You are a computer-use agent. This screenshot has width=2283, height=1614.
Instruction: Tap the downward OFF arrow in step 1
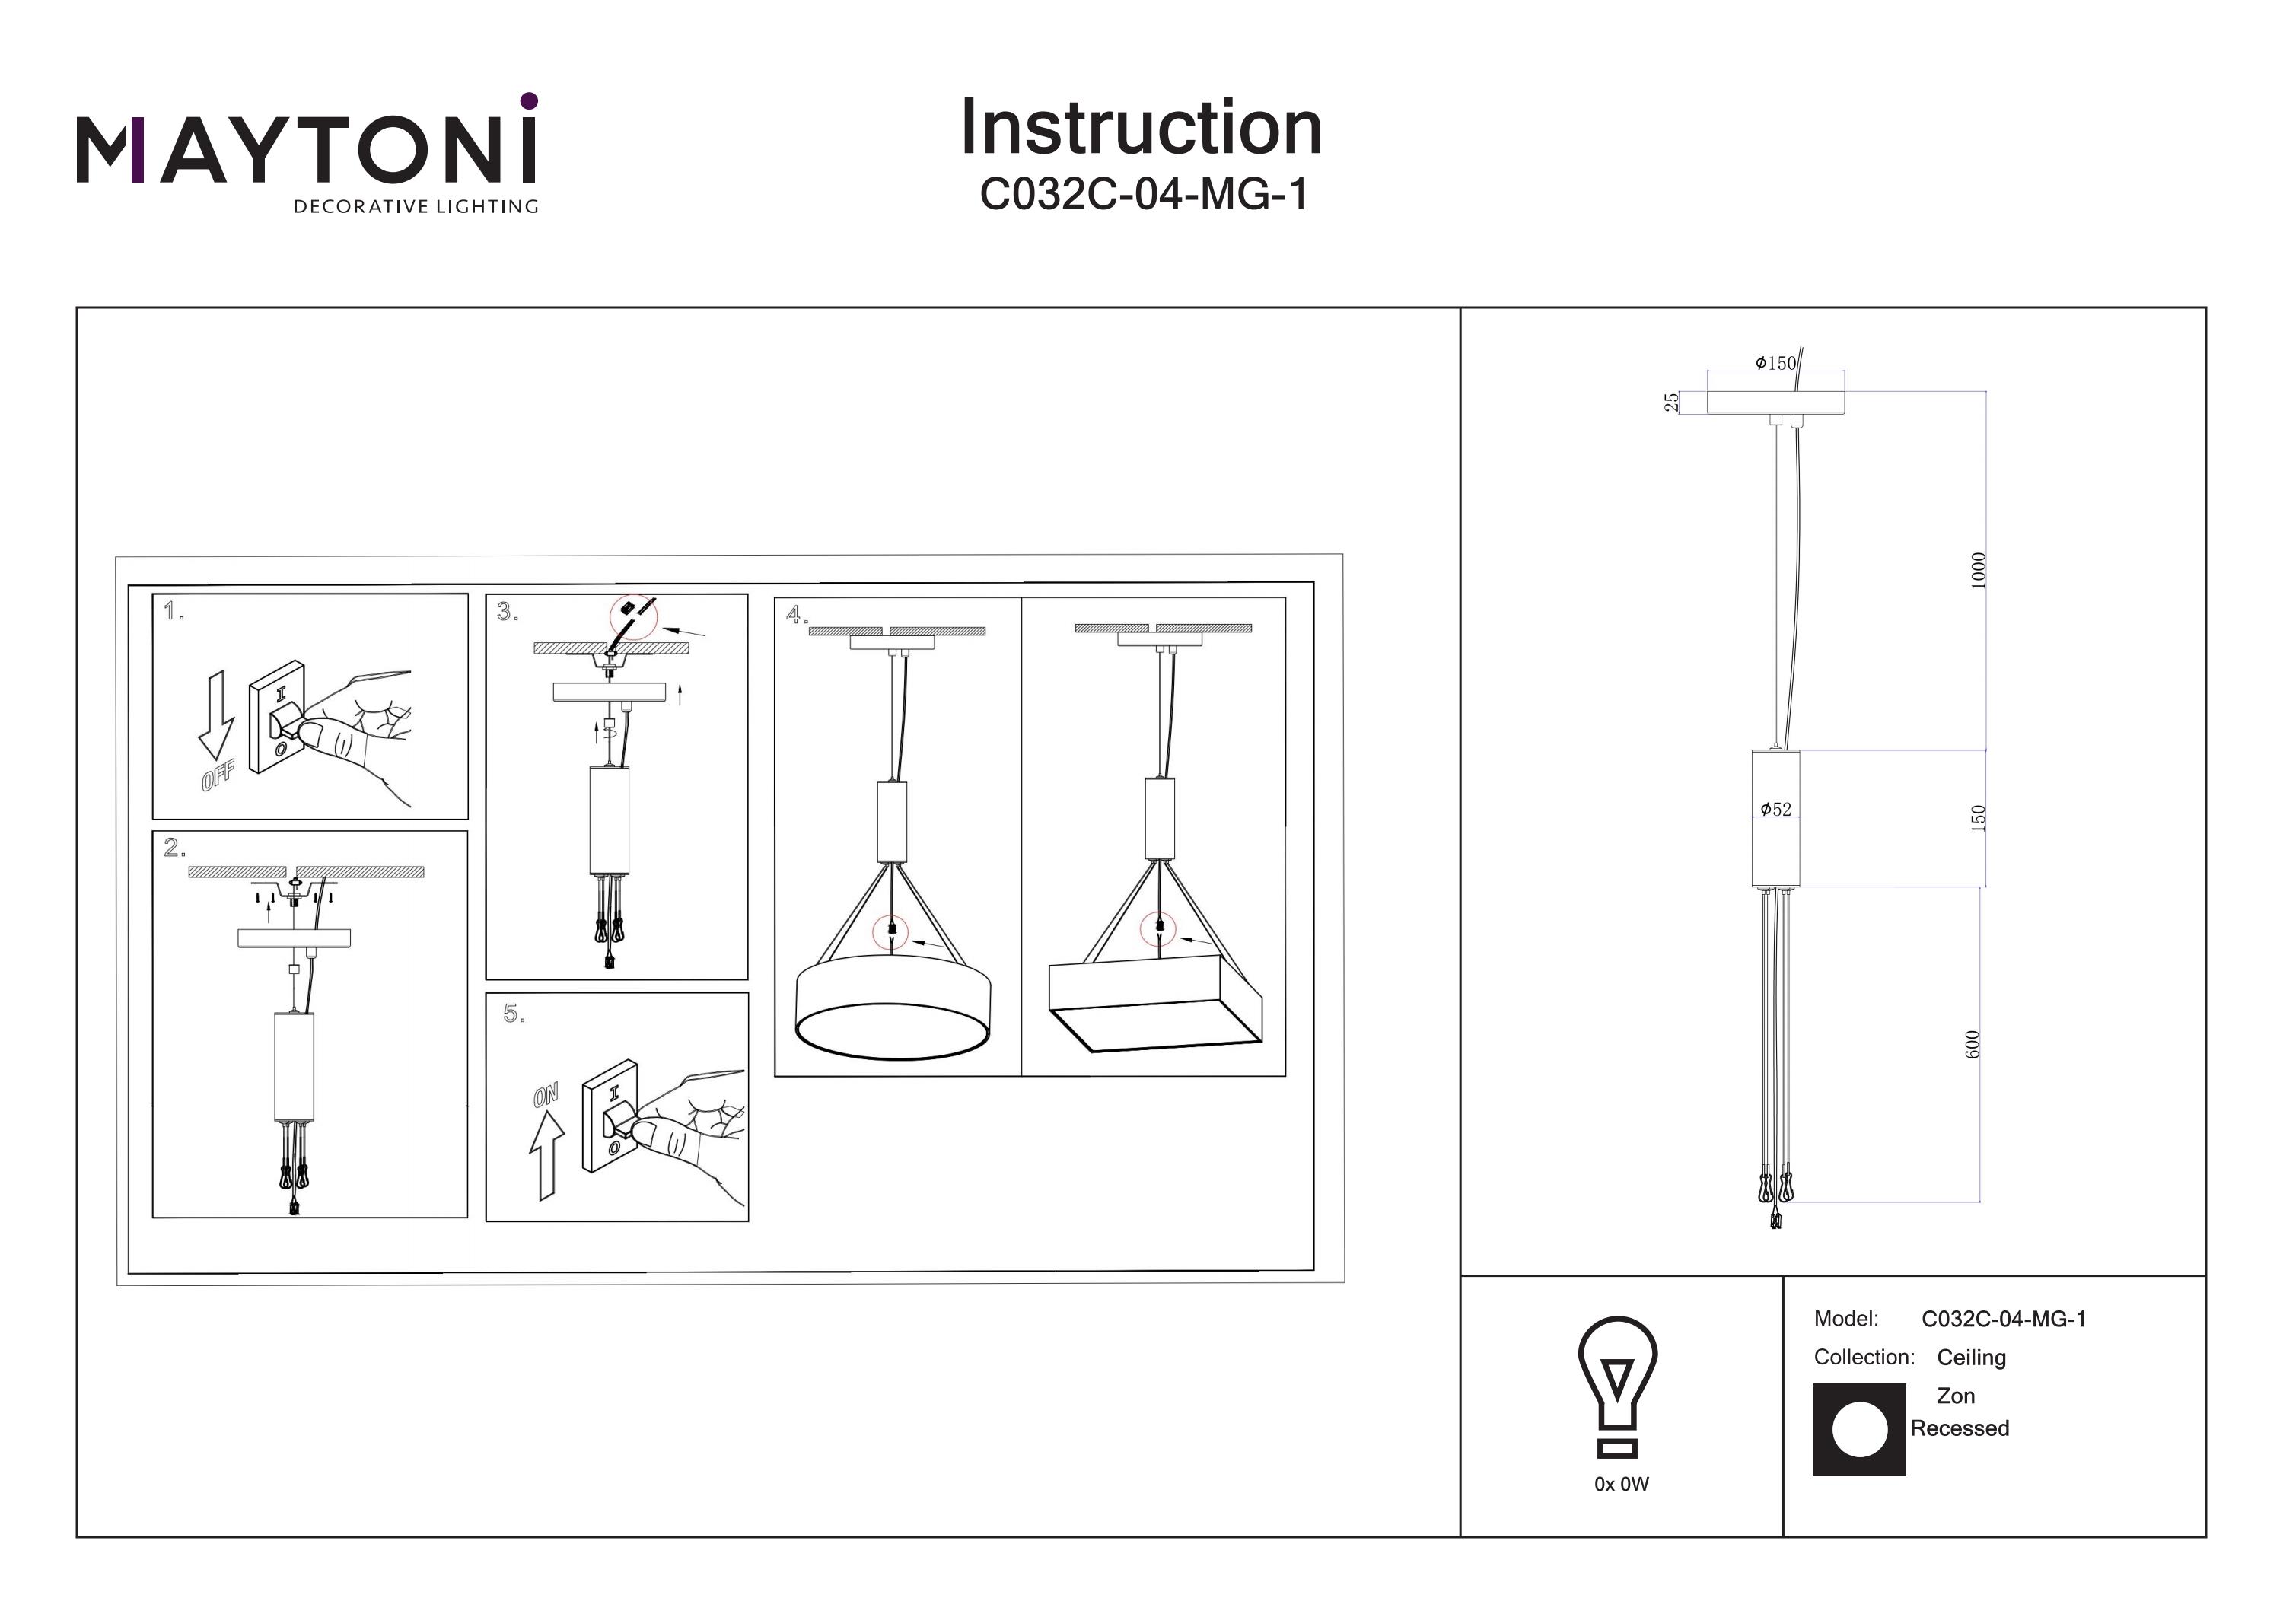216,715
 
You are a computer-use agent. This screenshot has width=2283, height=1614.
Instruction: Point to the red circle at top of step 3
633,616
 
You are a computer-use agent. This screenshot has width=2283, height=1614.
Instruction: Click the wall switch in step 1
278,717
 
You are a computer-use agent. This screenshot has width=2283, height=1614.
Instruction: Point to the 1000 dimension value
1978,571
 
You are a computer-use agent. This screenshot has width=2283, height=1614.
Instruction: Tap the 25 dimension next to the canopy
1671,402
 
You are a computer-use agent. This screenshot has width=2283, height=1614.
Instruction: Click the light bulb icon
1618,1385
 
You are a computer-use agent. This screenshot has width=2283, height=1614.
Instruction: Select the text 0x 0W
1621,1485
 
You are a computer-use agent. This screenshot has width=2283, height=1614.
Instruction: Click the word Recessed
1959,1429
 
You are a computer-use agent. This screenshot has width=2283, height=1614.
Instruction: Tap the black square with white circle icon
1858,1430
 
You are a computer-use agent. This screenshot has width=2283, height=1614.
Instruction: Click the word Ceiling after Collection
1971,1358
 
